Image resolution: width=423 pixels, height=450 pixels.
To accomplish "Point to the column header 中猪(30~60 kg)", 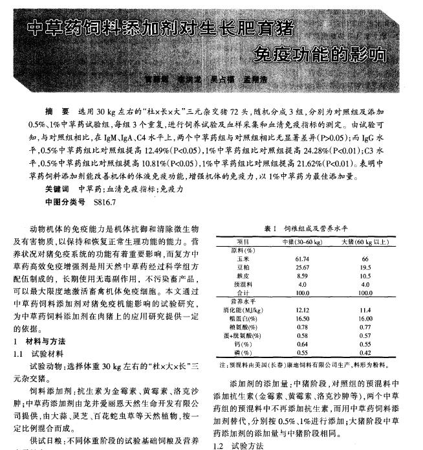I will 302,242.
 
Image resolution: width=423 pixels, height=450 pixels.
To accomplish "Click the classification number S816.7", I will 105,202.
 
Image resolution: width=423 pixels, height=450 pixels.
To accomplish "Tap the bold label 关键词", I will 58,190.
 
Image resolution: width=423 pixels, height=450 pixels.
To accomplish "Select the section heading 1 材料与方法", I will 39,341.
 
